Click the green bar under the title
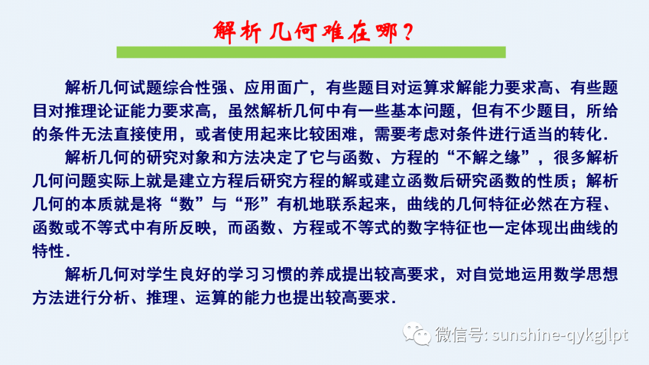pos(311,52)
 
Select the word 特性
pos(49,250)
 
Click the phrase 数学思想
pos(586,275)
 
